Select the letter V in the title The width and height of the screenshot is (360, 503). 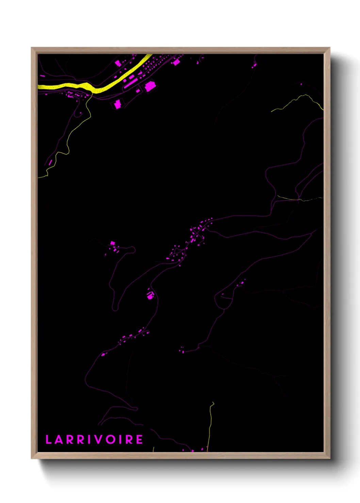click(x=100, y=439)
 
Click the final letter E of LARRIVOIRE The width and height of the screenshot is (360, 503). click(x=140, y=439)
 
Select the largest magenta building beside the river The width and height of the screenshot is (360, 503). click(x=150, y=86)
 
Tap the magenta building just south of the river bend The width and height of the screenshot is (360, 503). click(x=117, y=104)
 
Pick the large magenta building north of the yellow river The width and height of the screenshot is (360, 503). click(x=118, y=63)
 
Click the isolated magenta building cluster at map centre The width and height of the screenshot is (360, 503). click(x=150, y=295)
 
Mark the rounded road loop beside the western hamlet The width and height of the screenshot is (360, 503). click(x=132, y=250)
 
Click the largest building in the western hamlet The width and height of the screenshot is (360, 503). click(x=113, y=243)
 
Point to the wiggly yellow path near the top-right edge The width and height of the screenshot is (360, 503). click(x=299, y=99)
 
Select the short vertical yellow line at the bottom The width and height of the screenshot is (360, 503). click(x=210, y=425)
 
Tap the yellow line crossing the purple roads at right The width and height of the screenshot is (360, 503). click(x=299, y=199)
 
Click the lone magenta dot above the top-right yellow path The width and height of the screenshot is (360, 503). click(x=301, y=84)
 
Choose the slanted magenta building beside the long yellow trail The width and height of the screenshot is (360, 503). click(x=50, y=162)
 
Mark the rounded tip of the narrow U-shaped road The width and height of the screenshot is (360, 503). click(x=115, y=309)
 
